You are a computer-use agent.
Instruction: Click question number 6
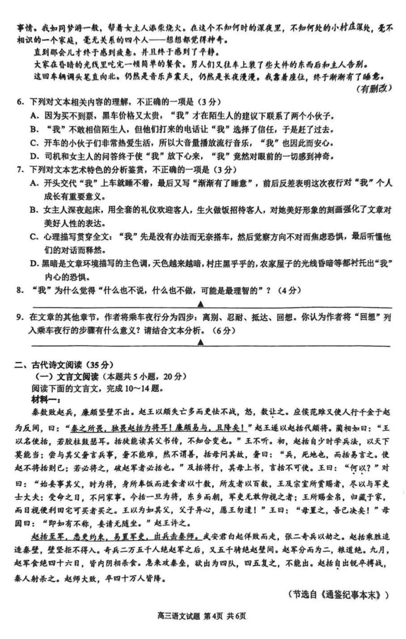click(19, 101)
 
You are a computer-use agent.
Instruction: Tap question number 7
click(19, 170)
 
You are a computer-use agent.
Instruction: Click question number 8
click(19, 290)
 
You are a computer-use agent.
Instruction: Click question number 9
click(19, 317)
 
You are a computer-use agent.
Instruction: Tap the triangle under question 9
click(201, 342)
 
